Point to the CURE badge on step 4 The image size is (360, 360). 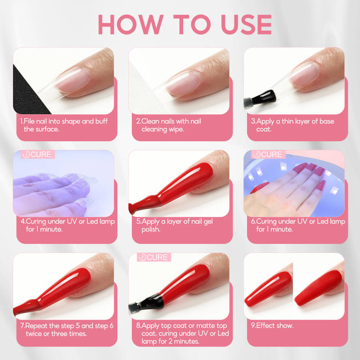[38, 155]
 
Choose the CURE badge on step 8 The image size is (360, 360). [154, 257]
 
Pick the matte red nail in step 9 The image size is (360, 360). [317, 288]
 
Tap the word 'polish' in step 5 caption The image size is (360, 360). [152, 229]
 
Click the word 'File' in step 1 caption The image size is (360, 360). [31, 121]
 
